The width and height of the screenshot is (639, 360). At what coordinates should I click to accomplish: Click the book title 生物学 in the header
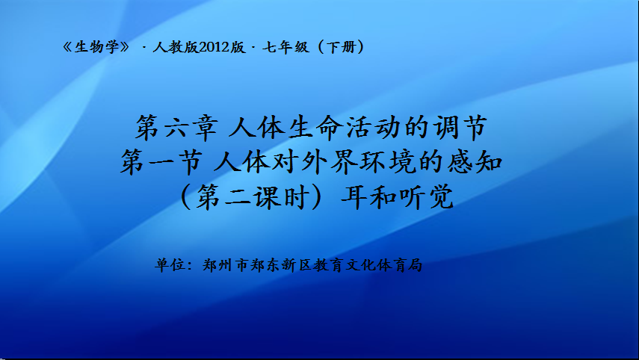[x=96, y=47]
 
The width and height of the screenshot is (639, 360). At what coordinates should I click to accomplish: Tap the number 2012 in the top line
[x=214, y=47]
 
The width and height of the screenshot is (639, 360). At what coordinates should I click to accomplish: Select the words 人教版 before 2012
[x=176, y=47]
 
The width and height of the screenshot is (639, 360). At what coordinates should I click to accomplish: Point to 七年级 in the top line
[x=285, y=47]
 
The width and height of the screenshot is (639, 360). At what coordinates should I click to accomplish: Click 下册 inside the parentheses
[x=342, y=47]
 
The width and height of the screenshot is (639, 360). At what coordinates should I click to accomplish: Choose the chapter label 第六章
[x=176, y=127]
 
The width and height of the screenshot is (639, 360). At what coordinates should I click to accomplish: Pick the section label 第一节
[x=161, y=161]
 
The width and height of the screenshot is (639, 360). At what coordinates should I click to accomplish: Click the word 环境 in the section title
[x=388, y=161]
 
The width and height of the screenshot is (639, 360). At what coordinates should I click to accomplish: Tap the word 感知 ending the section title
[x=475, y=161]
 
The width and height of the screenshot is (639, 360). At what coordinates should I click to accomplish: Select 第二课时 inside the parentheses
[x=251, y=196]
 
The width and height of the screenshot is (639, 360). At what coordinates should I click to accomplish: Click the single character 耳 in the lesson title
[x=354, y=196]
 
